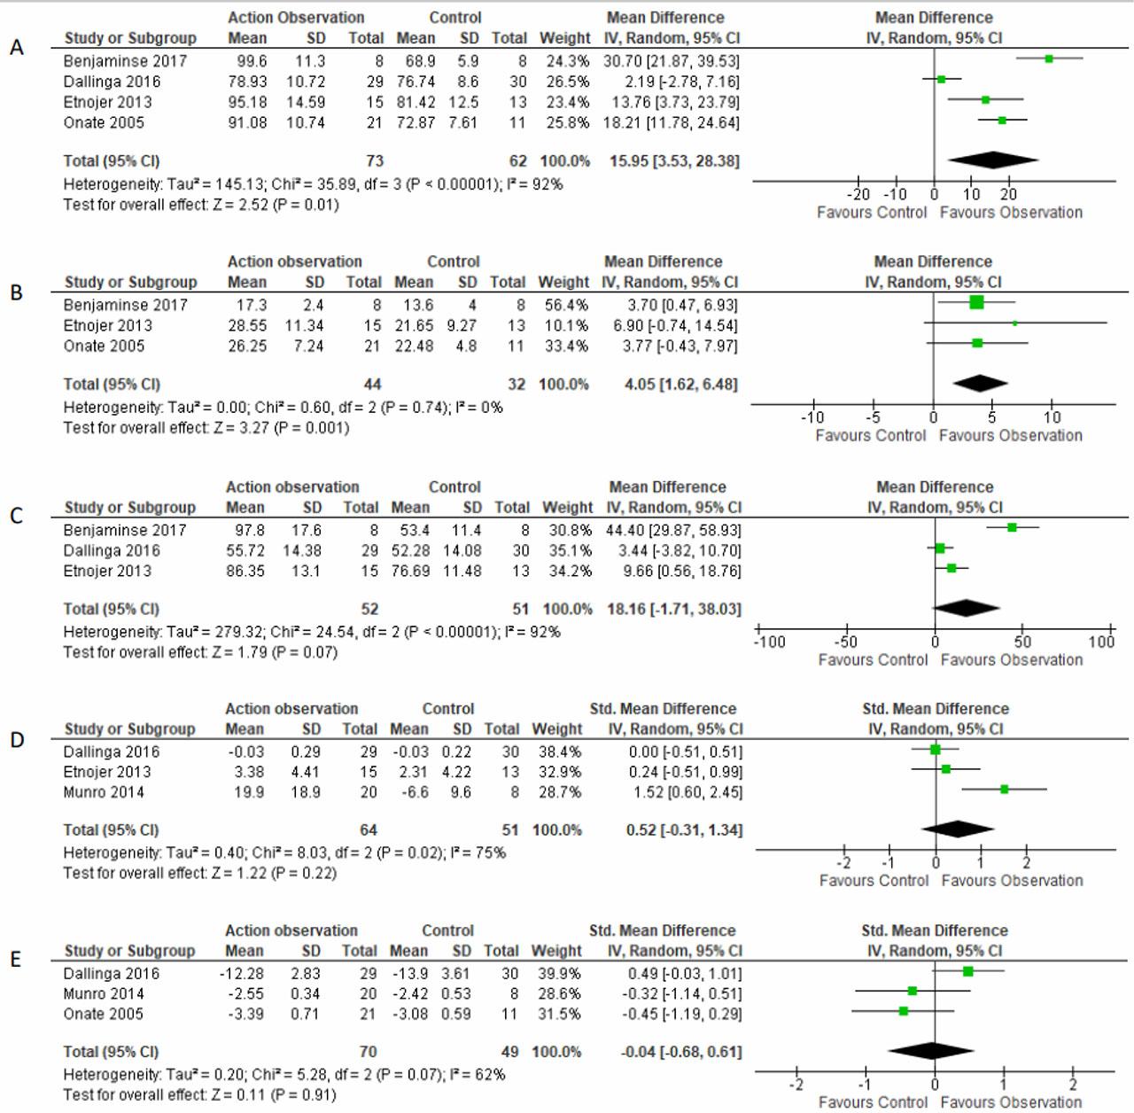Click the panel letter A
(x=17, y=48)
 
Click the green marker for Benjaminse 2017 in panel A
(x=1049, y=58)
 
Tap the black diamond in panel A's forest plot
(x=992, y=160)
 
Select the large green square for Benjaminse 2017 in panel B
(x=976, y=303)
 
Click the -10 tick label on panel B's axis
(x=812, y=417)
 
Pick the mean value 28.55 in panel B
(x=247, y=325)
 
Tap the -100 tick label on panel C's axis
(x=769, y=642)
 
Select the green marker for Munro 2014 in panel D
(x=1005, y=789)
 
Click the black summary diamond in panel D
(x=958, y=829)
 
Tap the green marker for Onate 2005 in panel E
(x=904, y=1011)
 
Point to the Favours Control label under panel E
(x=874, y=1102)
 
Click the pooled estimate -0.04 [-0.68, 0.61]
(x=680, y=1052)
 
